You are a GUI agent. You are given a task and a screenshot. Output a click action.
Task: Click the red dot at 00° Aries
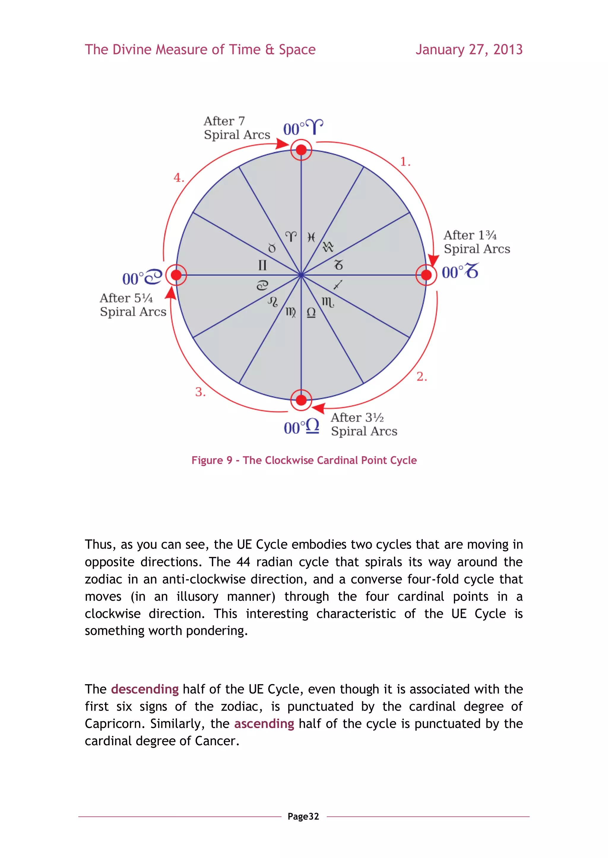pos(301,150)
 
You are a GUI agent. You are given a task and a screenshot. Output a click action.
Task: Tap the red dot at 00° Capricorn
pos(426,275)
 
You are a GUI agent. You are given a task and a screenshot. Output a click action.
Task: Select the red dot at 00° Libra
pos(301,400)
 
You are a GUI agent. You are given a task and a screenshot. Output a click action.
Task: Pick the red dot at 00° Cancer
pos(176,275)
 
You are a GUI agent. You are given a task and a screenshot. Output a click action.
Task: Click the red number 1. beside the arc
pos(405,162)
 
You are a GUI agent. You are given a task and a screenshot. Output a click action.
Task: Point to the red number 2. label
pos(422,376)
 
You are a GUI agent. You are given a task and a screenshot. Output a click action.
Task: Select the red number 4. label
pos(179,178)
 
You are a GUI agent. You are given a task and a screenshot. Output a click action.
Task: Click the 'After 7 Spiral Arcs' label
pos(237,128)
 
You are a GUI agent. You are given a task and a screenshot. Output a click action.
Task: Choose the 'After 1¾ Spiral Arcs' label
pos(476,242)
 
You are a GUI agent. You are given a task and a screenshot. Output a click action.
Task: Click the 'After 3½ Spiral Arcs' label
pos(364,424)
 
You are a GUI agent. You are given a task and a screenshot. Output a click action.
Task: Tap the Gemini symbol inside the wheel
pos(262,265)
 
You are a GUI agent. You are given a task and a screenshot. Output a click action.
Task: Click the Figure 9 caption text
pos(304,460)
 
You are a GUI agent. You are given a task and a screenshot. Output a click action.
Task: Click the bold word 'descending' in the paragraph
pos(145,689)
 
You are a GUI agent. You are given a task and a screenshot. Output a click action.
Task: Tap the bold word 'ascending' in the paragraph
pos(264,724)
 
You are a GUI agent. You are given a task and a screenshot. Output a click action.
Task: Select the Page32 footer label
pos(303,816)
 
